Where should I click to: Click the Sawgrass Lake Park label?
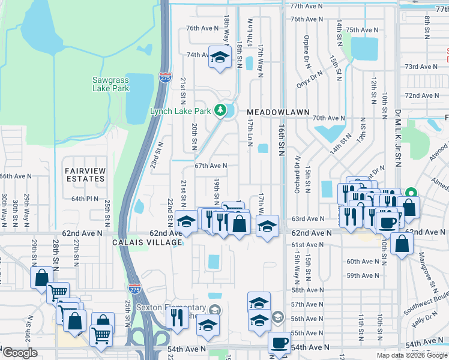(111, 84)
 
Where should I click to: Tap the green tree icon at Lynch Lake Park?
(221, 110)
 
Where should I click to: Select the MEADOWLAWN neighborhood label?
(278, 112)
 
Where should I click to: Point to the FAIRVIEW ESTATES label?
(85, 175)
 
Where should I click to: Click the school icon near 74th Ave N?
(220, 58)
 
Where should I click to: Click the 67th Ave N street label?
(210, 166)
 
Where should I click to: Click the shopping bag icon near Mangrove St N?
(402, 244)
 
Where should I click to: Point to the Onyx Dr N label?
(310, 79)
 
